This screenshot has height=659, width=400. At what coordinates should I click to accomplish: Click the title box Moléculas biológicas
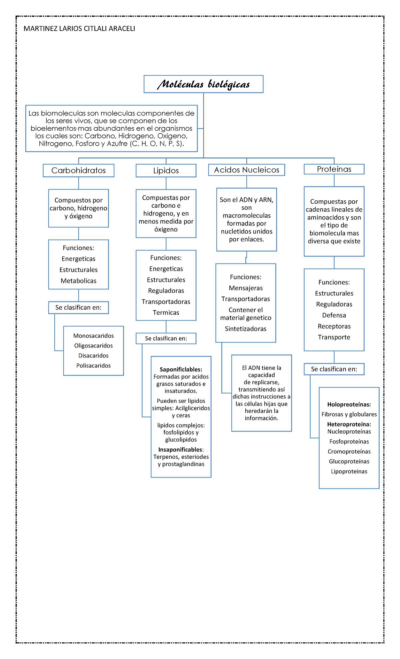(203, 84)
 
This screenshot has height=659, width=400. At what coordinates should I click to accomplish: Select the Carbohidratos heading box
(79, 170)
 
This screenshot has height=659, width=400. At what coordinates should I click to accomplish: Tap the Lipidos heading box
(166, 171)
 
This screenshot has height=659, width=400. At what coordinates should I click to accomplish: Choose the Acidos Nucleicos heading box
(247, 170)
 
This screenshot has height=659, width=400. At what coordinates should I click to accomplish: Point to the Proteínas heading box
(334, 169)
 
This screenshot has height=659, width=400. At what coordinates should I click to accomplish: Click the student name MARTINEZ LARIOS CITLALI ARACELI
(79, 29)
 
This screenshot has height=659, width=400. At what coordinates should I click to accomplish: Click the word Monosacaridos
(94, 336)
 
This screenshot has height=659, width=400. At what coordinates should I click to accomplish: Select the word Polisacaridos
(94, 366)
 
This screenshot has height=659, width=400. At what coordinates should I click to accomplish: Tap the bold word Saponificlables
(181, 370)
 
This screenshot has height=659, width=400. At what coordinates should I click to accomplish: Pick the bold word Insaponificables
(181, 450)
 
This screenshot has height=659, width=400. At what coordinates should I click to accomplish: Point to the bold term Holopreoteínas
(349, 405)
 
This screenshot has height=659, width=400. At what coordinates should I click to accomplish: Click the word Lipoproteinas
(349, 472)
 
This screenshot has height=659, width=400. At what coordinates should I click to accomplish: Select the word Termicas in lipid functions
(166, 312)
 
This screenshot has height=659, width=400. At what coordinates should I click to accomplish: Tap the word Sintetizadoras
(246, 329)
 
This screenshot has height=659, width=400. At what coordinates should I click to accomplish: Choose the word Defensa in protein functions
(334, 315)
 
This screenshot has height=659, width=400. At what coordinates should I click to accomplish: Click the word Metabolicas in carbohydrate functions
(79, 281)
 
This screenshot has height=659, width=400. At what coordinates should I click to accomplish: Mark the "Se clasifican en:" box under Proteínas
(334, 369)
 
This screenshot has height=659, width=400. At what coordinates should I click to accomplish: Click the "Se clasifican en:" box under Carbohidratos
(79, 307)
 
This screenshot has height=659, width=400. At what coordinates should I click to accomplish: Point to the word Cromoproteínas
(349, 452)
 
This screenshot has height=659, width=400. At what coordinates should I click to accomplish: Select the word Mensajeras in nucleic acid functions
(246, 288)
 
